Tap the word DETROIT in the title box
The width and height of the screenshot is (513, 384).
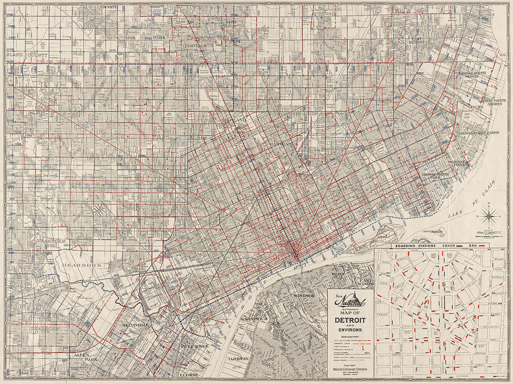(350, 320)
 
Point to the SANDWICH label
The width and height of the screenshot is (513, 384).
(255, 318)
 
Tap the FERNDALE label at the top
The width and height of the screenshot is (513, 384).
(196, 44)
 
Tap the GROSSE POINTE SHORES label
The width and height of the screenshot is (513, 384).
(494, 101)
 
